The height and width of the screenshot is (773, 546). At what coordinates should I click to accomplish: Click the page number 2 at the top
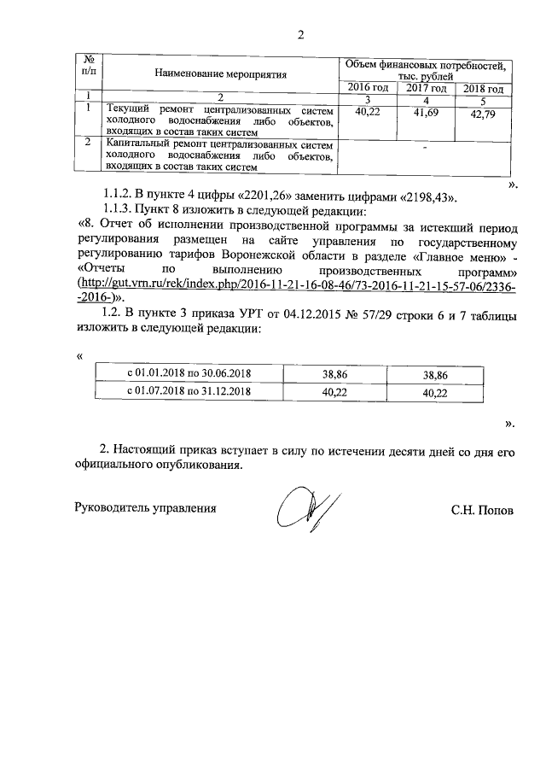point(300,35)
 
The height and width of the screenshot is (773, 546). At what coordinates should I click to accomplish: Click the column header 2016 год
point(369,88)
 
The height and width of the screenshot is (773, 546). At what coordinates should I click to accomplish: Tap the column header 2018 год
point(482,89)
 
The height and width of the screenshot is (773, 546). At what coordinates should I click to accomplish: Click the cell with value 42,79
point(482,115)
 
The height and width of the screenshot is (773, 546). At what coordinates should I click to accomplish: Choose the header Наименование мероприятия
point(220,74)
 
